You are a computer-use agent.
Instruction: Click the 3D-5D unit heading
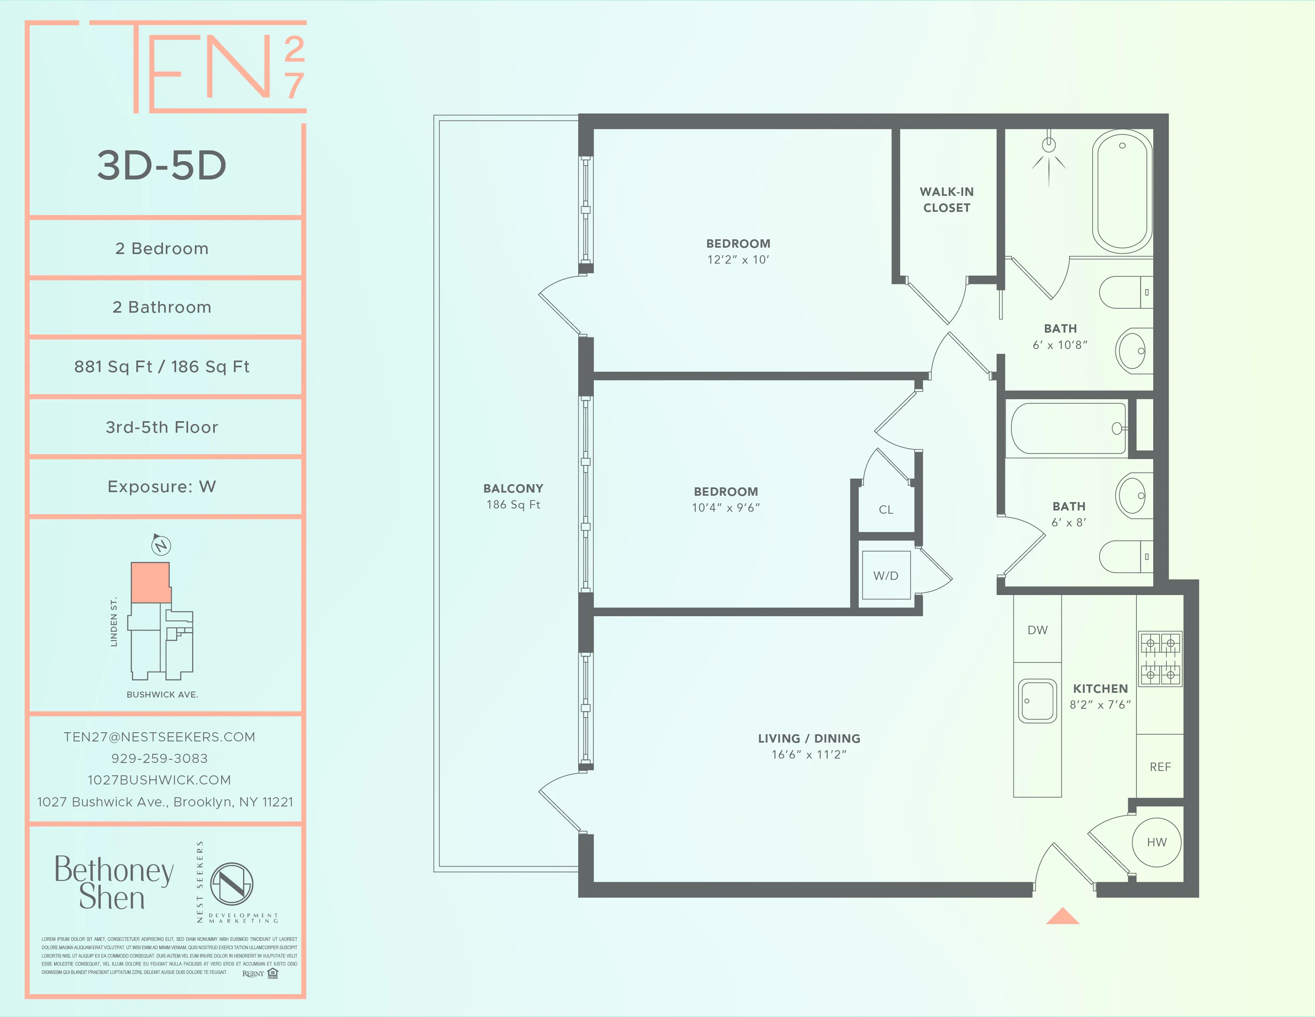tap(161, 165)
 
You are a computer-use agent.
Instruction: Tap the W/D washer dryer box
tap(886, 576)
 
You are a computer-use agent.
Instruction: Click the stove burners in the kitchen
tap(1160, 659)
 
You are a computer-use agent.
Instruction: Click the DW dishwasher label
tap(1037, 630)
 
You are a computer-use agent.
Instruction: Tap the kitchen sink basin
tap(1037, 701)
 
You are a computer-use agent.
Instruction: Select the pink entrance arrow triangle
tap(1063, 916)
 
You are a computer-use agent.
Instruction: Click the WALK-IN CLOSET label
tap(946, 199)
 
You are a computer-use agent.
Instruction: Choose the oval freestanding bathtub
tap(1122, 191)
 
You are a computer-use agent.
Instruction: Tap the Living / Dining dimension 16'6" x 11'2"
tap(809, 754)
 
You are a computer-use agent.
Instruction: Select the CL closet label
tap(886, 510)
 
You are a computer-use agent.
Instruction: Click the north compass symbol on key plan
tap(160, 545)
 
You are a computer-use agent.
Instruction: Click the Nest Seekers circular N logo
tap(232, 884)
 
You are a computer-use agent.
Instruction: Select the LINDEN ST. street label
tap(114, 622)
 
